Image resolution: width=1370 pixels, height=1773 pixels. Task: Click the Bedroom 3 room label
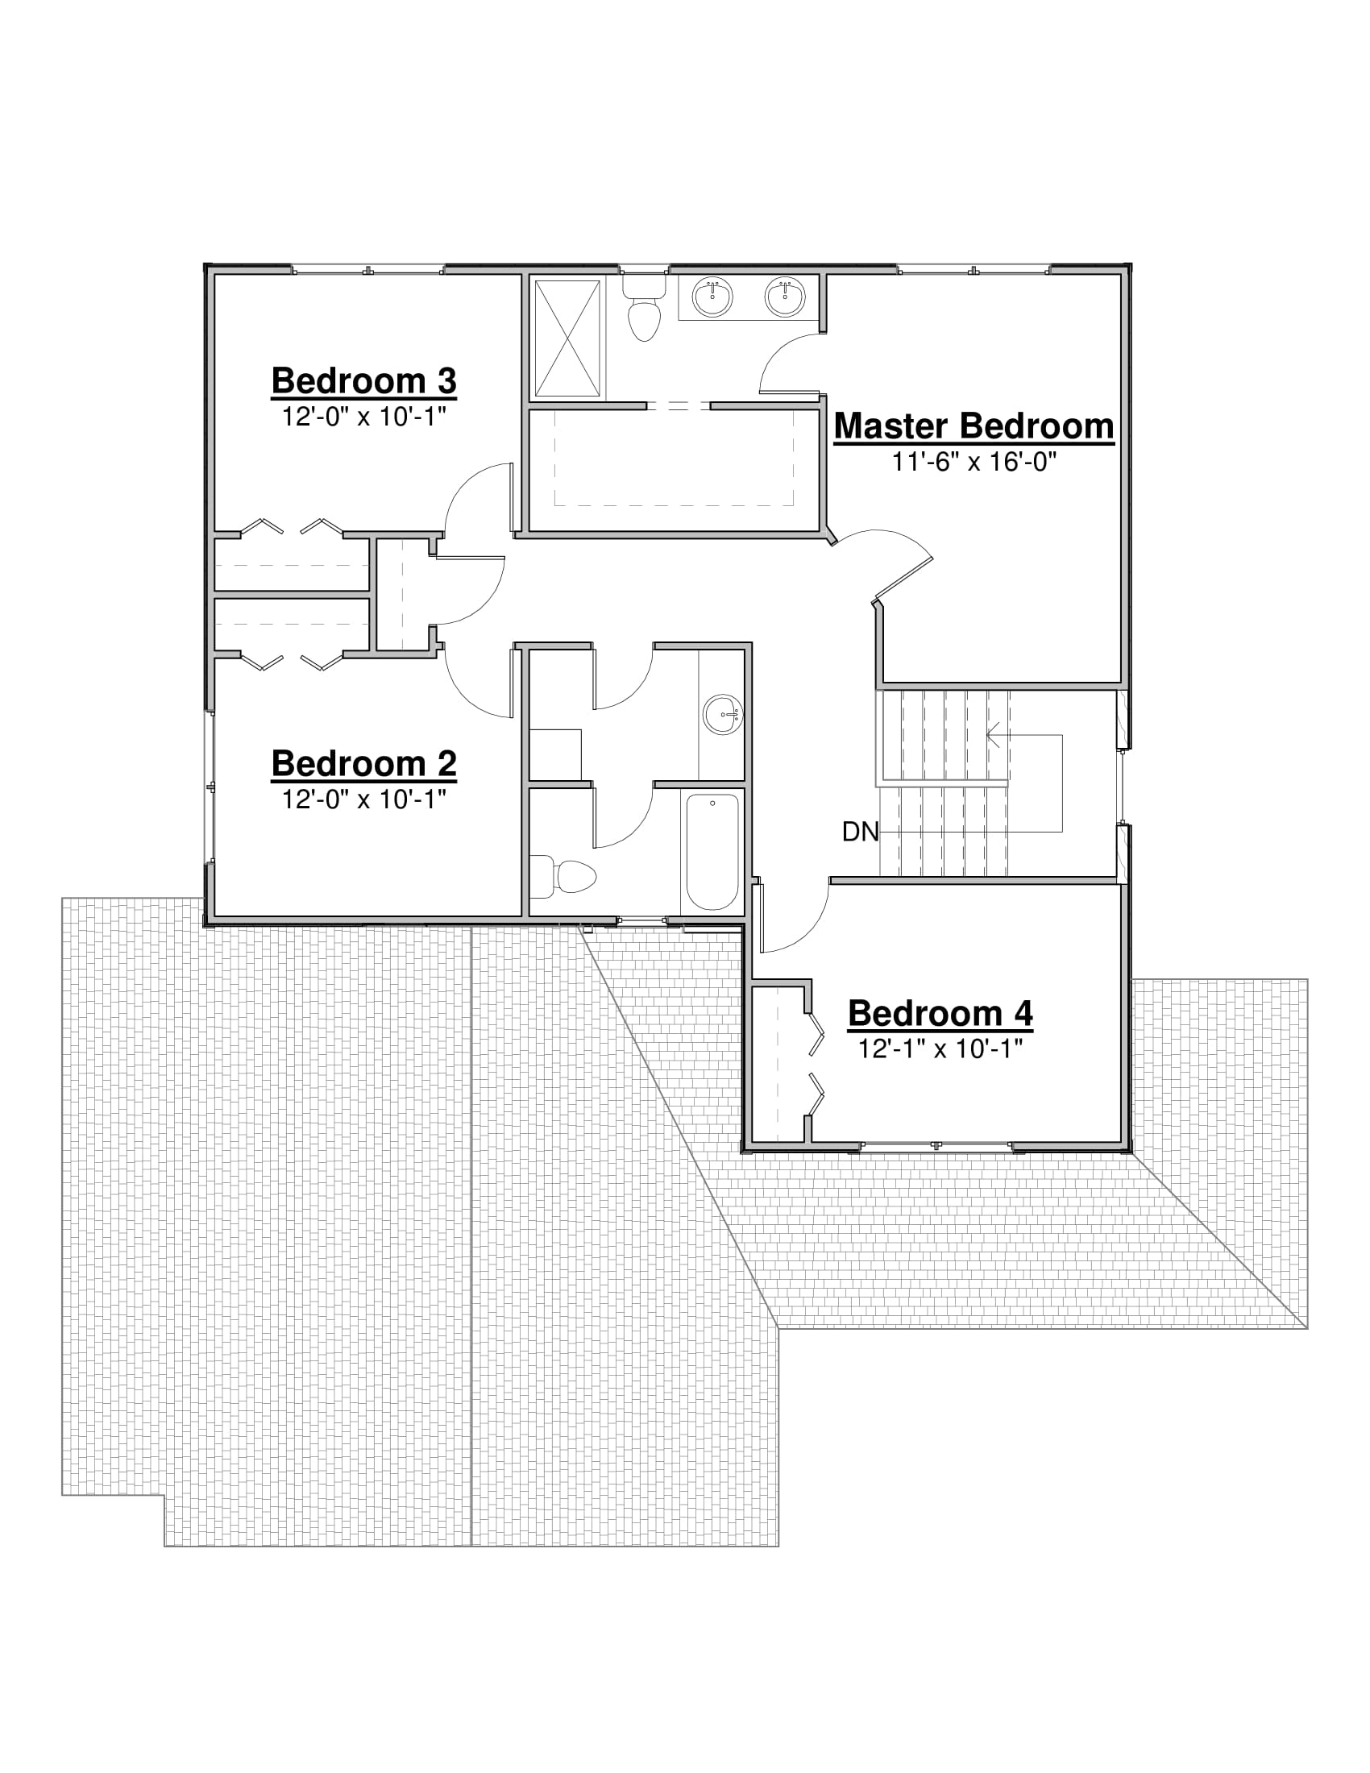coord(363,380)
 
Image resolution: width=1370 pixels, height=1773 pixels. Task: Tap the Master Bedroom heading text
coord(974,426)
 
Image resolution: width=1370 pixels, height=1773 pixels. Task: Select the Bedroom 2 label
coord(363,763)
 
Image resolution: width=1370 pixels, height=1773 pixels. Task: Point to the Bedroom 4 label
coord(940,1013)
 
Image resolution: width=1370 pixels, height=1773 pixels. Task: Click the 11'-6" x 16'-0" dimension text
coord(974,462)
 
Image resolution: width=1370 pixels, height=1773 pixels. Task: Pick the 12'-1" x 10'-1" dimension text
coord(940,1048)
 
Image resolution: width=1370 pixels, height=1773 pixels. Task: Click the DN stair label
coord(861,832)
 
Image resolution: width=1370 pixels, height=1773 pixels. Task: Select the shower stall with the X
coord(567,338)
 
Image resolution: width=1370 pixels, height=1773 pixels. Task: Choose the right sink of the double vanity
coord(785,296)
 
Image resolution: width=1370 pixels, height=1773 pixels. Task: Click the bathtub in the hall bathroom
coord(712,853)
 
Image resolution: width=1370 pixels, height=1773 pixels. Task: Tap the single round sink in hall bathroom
coord(721,714)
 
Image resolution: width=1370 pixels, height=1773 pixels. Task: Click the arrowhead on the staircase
coord(994,736)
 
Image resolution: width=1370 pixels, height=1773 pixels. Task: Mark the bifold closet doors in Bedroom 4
coord(816,1065)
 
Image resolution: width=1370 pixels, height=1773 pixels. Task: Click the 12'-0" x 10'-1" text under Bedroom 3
coord(363,417)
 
